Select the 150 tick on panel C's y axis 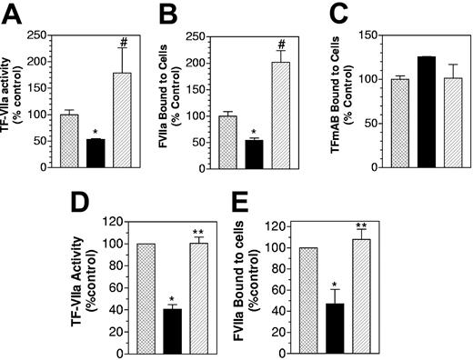click(x=367, y=35)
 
